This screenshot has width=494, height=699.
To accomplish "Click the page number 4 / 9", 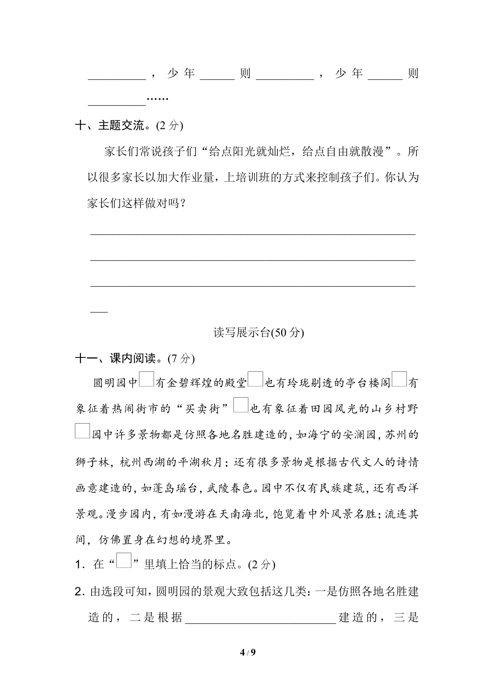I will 247,652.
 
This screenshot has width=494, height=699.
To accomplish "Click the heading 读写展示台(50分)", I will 258,332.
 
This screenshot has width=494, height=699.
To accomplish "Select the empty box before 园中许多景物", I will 82,431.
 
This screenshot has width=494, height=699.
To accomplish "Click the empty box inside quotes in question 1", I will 124,560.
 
